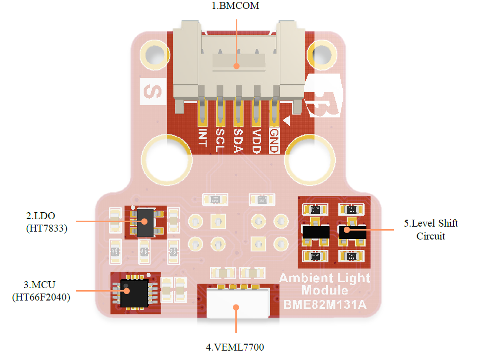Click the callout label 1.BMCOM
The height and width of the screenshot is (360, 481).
236,6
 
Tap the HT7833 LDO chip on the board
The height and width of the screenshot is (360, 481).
145,222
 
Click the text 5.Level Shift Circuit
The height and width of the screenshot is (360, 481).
430,230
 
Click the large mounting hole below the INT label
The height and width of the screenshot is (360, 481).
167,160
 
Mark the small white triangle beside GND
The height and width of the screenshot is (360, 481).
286,120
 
